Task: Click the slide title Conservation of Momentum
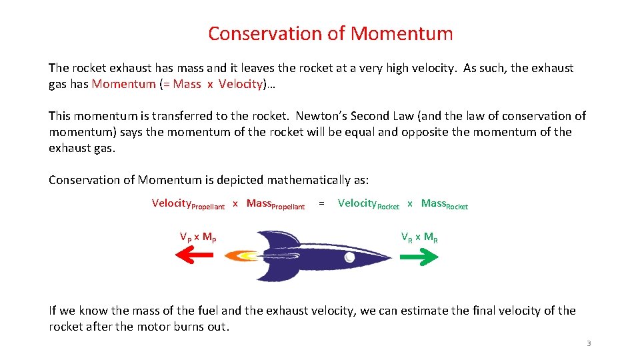click(330, 33)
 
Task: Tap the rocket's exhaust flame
click(242, 255)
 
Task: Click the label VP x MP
click(197, 237)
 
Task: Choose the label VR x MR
click(419, 237)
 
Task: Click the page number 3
click(588, 343)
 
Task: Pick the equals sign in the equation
click(322, 203)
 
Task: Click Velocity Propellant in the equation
click(188, 204)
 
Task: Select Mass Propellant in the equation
click(275, 204)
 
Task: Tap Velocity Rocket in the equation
click(368, 204)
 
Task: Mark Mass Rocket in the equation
click(445, 204)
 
